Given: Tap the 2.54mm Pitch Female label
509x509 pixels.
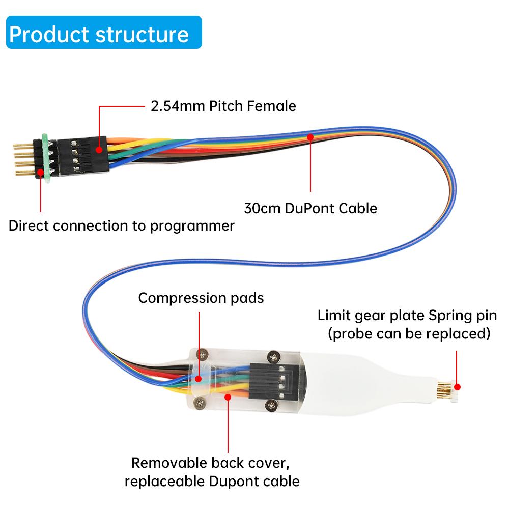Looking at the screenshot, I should click(223, 106).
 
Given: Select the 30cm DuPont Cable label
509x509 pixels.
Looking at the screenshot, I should click(310, 208).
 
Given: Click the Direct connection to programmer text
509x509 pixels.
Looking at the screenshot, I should click(122, 225).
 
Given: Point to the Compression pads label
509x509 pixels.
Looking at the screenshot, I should click(201, 298).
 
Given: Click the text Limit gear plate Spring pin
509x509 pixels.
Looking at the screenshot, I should click(407, 315).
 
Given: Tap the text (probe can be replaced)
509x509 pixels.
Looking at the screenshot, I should click(409, 334).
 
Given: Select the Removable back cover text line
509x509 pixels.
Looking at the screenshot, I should click(213, 463).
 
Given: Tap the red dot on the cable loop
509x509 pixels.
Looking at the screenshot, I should click(310, 136).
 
